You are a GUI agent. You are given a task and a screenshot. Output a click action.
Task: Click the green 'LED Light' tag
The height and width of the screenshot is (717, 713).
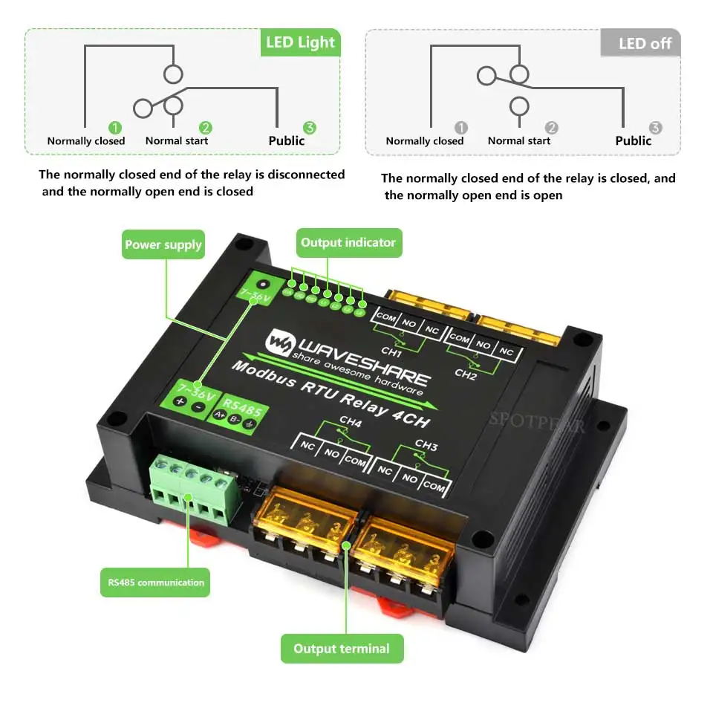pyautogui.click(x=300, y=42)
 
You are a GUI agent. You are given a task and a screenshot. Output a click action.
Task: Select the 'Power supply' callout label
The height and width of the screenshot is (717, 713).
pyautogui.click(x=163, y=244)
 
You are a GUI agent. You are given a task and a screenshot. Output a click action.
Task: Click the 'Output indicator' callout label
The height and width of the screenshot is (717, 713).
pyautogui.click(x=348, y=242)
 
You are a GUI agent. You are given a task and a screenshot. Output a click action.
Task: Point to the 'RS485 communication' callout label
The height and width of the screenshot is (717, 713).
pyautogui.click(x=155, y=583)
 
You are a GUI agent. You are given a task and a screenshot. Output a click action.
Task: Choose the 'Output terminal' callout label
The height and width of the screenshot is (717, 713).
pyautogui.click(x=341, y=649)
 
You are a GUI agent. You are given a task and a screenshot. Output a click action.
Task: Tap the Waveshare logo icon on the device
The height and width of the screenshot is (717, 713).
pyautogui.click(x=281, y=343)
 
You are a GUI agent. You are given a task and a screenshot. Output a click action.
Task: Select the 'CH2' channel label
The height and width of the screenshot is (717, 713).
pyautogui.click(x=466, y=373)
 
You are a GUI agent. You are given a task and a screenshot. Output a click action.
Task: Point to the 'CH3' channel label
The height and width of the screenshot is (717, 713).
pyautogui.click(x=426, y=446)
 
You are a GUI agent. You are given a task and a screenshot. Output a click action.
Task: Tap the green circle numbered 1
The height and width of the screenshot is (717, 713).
pyautogui.click(x=115, y=128)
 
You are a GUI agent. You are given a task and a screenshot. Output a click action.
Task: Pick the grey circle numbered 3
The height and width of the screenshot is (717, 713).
pyautogui.click(x=655, y=128)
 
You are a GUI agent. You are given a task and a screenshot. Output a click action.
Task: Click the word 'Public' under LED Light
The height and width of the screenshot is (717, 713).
pyautogui.click(x=286, y=140)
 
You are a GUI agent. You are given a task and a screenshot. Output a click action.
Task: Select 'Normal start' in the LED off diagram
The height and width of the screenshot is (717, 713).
pyautogui.click(x=519, y=140)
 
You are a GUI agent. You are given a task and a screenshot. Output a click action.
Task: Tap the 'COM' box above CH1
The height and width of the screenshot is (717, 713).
pyautogui.click(x=386, y=316)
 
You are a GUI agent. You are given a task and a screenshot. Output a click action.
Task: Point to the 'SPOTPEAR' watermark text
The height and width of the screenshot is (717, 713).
pyautogui.click(x=536, y=421)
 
